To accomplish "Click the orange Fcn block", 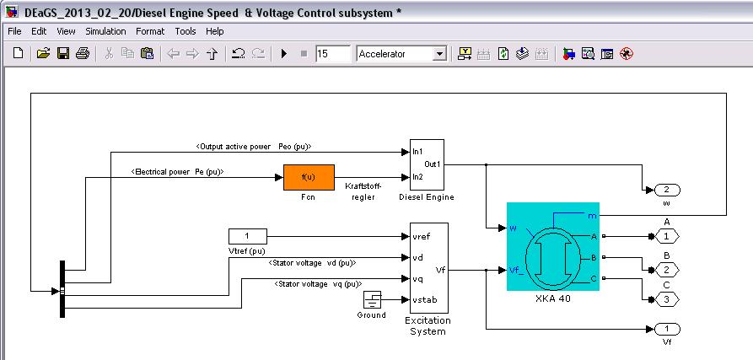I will [309, 177].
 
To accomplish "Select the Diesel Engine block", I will [427, 164].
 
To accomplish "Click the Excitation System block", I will [428, 268].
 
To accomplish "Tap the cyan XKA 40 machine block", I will [552, 247].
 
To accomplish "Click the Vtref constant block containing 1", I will [247, 236].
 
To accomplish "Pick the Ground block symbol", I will [372, 300].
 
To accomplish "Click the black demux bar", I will [62, 289].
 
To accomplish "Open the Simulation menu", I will [105, 31].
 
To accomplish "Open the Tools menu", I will [186, 31].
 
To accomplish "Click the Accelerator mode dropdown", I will [401, 54].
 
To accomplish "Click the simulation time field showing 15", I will [332, 54].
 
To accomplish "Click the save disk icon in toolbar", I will [62, 54].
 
